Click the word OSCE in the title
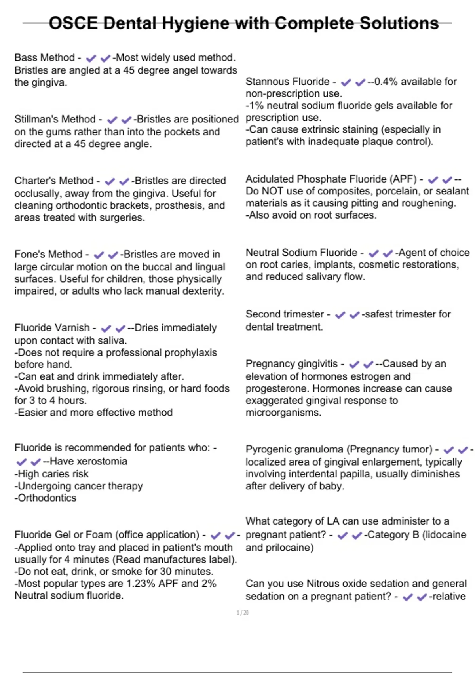tap(73, 23)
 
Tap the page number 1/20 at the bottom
tap(243, 613)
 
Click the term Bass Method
tap(44, 58)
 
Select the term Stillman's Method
tap(55, 119)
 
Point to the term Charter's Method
tap(54, 181)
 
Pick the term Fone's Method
tap(48, 254)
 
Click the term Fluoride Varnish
tap(52, 328)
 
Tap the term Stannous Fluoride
tap(287, 82)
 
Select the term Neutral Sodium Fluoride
tap(301, 253)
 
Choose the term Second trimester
tap(285, 314)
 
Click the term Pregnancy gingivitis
tap(292, 364)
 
